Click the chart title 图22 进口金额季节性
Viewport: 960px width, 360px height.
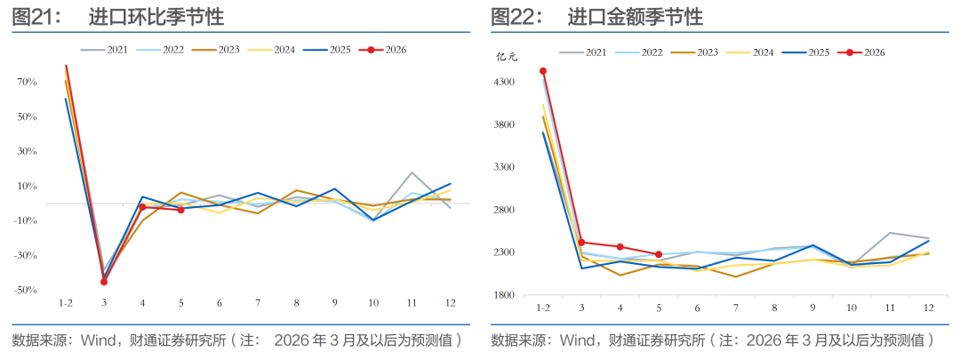coord(596,17)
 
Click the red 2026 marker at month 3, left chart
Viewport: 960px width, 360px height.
coord(104,282)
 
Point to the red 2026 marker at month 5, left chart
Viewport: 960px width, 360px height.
coord(181,210)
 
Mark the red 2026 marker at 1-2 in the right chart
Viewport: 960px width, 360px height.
coord(543,71)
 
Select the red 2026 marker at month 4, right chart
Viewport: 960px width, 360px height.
coord(620,247)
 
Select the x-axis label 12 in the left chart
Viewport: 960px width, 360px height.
coord(451,303)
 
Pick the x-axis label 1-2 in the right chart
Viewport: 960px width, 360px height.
coord(542,308)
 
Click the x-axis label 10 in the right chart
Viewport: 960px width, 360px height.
coord(852,308)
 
